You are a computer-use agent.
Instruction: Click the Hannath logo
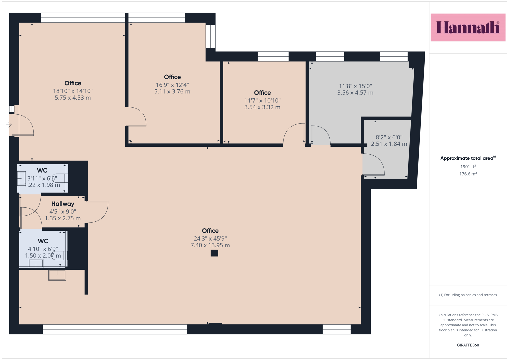[x=468, y=27]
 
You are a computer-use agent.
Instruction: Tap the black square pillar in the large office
[x=214, y=253]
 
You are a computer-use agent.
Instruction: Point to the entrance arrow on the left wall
[x=9, y=125]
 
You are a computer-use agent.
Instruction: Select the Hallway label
[x=63, y=204]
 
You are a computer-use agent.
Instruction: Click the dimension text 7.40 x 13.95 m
[x=210, y=245]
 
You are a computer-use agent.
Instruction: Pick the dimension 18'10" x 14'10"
[x=73, y=91]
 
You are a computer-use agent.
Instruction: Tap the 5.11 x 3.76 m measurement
[x=172, y=91]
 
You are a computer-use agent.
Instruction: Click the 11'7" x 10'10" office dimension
[x=262, y=100]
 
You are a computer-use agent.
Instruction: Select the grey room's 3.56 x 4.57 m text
[x=355, y=93]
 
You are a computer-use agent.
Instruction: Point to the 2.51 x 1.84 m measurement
[x=389, y=144]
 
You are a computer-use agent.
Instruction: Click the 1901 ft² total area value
[x=468, y=167]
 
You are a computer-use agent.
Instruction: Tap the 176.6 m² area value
[x=468, y=174]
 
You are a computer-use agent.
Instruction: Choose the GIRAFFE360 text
[x=468, y=345]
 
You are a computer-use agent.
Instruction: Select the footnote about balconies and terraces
[x=468, y=295]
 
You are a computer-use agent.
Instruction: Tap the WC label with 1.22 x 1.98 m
[x=42, y=170]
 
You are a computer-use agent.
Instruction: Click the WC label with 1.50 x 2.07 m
[x=43, y=241]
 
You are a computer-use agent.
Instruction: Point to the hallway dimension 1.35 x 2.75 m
[x=63, y=218]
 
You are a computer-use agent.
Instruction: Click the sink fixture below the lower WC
[x=57, y=275]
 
